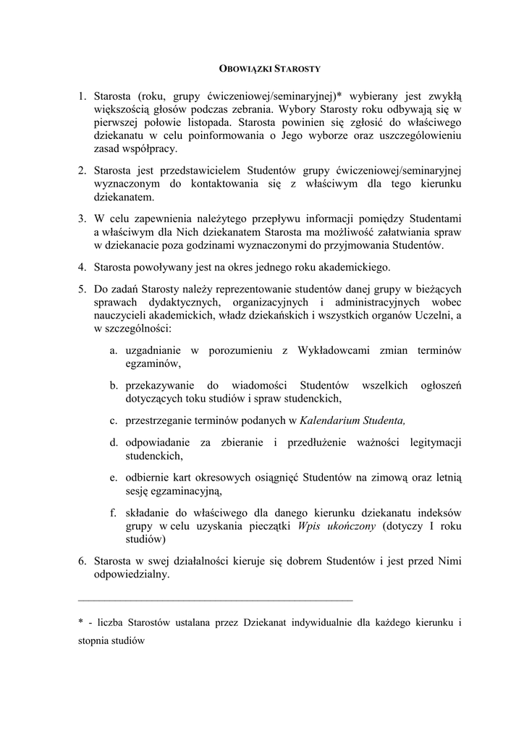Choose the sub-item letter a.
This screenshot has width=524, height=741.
(114, 350)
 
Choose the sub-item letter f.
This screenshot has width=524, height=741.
(114, 512)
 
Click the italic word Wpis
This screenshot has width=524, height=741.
(310, 526)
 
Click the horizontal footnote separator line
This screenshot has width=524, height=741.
(215, 600)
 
